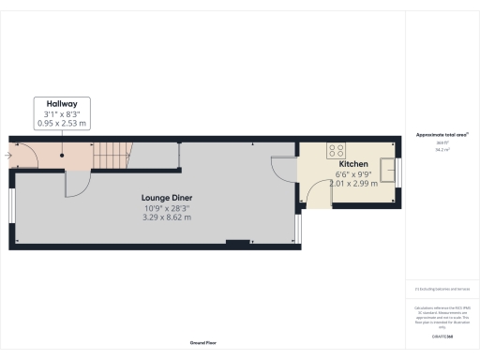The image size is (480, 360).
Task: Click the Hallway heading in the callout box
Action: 62,105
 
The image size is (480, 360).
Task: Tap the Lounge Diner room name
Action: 167,198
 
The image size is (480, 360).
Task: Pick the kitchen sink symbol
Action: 384,152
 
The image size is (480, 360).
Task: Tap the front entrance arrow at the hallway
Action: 8,155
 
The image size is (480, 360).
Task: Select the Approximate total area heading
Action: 442,135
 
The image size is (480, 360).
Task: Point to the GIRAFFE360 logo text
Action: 441,335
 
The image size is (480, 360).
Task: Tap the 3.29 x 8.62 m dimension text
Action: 167,217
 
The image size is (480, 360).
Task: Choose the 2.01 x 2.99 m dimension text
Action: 353,184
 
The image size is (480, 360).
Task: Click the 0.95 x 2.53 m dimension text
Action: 62,122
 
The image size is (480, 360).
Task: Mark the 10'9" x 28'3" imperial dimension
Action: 167,208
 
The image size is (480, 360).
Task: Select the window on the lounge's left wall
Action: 12,208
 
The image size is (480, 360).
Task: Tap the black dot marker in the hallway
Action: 62,155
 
